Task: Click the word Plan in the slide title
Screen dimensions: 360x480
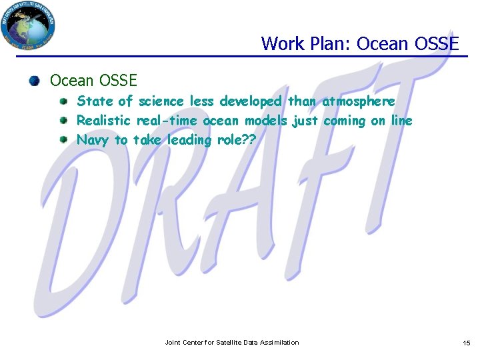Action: click(332, 44)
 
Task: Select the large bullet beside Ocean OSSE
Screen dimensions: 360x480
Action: click(34, 81)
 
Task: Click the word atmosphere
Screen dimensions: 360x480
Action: click(358, 101)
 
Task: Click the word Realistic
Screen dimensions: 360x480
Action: click(104, 121)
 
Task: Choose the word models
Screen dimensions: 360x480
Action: click(266, 121)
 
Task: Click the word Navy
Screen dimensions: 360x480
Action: click(93, 140)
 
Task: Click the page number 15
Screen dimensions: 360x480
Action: click(466, 343)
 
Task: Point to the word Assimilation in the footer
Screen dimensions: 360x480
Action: click(280, 343)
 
